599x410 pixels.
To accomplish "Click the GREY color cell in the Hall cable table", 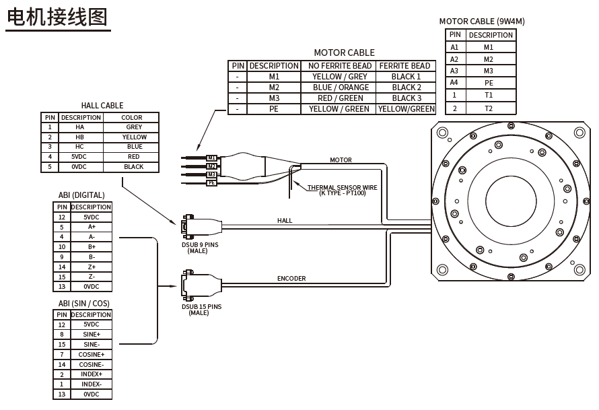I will (x=133, y=127).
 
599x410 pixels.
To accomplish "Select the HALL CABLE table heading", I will (x=102, y=105).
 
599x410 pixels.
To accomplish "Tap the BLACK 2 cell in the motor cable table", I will (x=407, y=88).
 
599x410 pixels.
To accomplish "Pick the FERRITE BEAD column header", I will (x=404, y=66).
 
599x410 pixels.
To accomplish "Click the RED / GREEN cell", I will (x=340, y=98).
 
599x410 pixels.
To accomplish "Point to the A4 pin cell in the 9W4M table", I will (x=454, y=83).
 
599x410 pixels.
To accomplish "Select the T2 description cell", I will (x=489, y=108).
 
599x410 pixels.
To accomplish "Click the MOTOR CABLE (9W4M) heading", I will (x=481, y=21).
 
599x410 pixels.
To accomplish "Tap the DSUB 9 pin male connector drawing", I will (x=188, y=227).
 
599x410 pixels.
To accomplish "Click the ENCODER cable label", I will (x=291, y=278).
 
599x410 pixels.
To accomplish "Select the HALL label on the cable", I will (x=285, y=221).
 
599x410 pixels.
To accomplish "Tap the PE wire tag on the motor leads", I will (x=211, y=182).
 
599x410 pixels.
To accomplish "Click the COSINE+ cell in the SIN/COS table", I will (x=91, y=354).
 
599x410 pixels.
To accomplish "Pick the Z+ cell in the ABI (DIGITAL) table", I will (x=91, y=267).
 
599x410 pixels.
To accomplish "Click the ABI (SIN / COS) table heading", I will (x=83, y=304).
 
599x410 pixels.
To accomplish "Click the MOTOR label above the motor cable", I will (x=341, y=160).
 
